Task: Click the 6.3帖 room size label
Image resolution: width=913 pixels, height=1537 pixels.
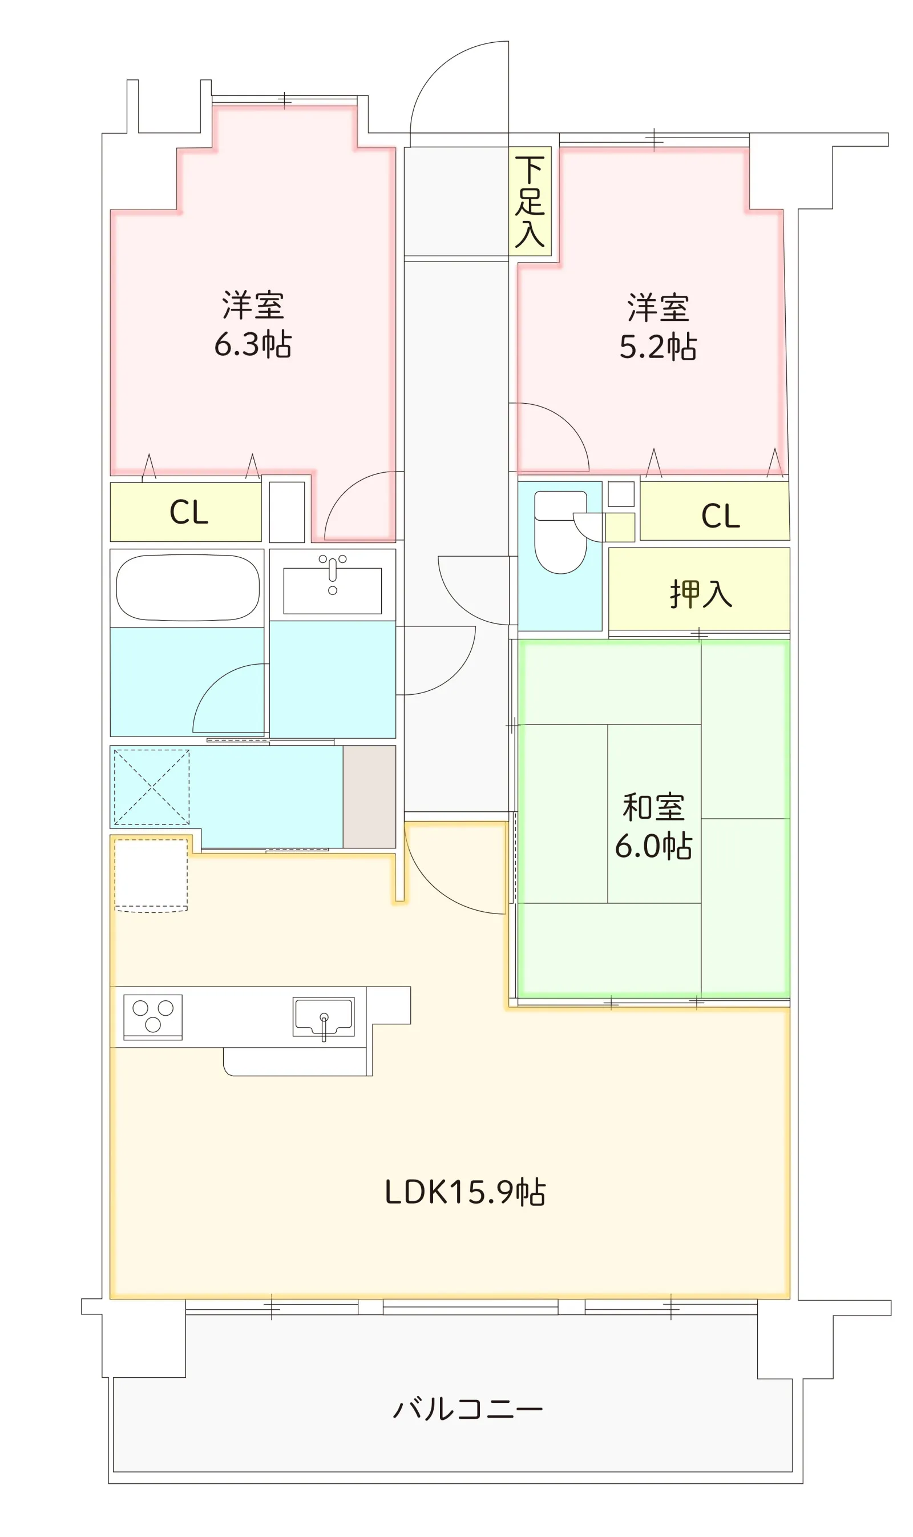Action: pos(253,344)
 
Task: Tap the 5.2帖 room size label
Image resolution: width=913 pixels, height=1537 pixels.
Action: pos(658,347)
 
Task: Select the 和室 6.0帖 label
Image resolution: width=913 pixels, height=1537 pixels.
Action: pos(653,826)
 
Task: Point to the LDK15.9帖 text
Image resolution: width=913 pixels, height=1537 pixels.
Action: pos(465,1192)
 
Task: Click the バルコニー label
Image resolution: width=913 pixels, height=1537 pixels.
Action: pos(468,1409)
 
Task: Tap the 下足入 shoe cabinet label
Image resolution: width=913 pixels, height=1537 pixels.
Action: pos(530,202)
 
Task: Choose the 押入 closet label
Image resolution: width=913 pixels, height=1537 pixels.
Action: pos(701,594)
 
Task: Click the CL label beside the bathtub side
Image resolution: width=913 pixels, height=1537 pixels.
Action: pos(189,512)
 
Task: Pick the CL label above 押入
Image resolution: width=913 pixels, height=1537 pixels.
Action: pos(721,516)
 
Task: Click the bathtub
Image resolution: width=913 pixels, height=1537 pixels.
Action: pos(188,588)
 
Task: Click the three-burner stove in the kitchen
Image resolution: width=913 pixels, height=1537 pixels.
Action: pos(152,1016)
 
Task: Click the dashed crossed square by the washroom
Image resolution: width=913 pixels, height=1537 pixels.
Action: pos(151,787)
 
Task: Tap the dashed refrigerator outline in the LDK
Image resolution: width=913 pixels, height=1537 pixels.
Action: pos(151,875)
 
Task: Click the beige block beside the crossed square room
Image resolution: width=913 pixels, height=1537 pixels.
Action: pos(369,796)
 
